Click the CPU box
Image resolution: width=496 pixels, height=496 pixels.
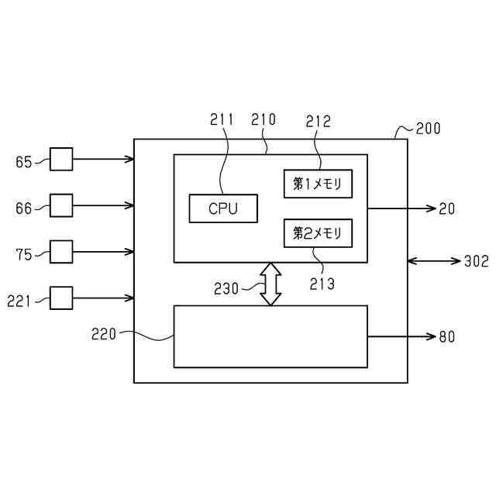coord(223,208)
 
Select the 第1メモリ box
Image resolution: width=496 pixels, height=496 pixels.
coord(318,184)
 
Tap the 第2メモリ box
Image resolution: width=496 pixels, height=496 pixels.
coord(318,233)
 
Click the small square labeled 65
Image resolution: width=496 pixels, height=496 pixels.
coord(61,160)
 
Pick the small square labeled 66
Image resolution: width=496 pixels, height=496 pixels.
coord(61,205)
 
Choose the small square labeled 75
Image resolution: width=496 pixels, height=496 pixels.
coord(61,251)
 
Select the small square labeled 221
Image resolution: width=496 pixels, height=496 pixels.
coord(61,298)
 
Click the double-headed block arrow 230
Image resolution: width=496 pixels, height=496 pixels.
coord(270,284)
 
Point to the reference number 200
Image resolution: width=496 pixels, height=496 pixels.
coord(429,129)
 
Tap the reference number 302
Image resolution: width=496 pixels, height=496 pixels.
coord(476,261)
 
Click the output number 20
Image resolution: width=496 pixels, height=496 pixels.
coord(447,208)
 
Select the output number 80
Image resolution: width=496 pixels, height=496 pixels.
coord(447,336)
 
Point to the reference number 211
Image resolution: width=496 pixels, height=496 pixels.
coord(222,120)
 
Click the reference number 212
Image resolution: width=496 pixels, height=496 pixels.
coord(318,120)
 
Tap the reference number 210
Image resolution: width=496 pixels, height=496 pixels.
coord(263,120)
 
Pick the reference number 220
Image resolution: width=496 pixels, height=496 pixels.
coord(104,335)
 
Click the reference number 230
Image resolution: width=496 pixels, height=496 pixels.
coord(227,288)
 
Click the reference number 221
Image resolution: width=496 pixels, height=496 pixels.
coord(20,300)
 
